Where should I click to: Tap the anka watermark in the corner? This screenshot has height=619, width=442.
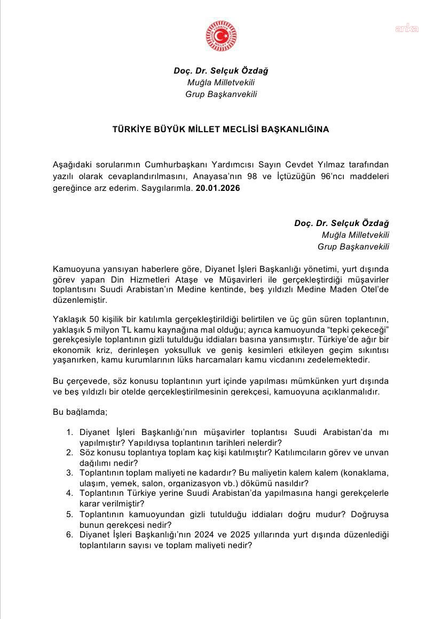point(406,29)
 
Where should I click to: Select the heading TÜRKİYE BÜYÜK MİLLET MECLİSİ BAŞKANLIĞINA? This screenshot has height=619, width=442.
point(220,129)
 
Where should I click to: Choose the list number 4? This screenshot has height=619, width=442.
point(69,493)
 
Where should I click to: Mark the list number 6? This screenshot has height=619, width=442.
point(69,535)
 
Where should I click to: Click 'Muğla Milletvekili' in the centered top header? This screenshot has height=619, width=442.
point(220,83)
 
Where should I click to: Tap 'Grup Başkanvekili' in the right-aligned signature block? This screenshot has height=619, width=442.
point(353,246)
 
